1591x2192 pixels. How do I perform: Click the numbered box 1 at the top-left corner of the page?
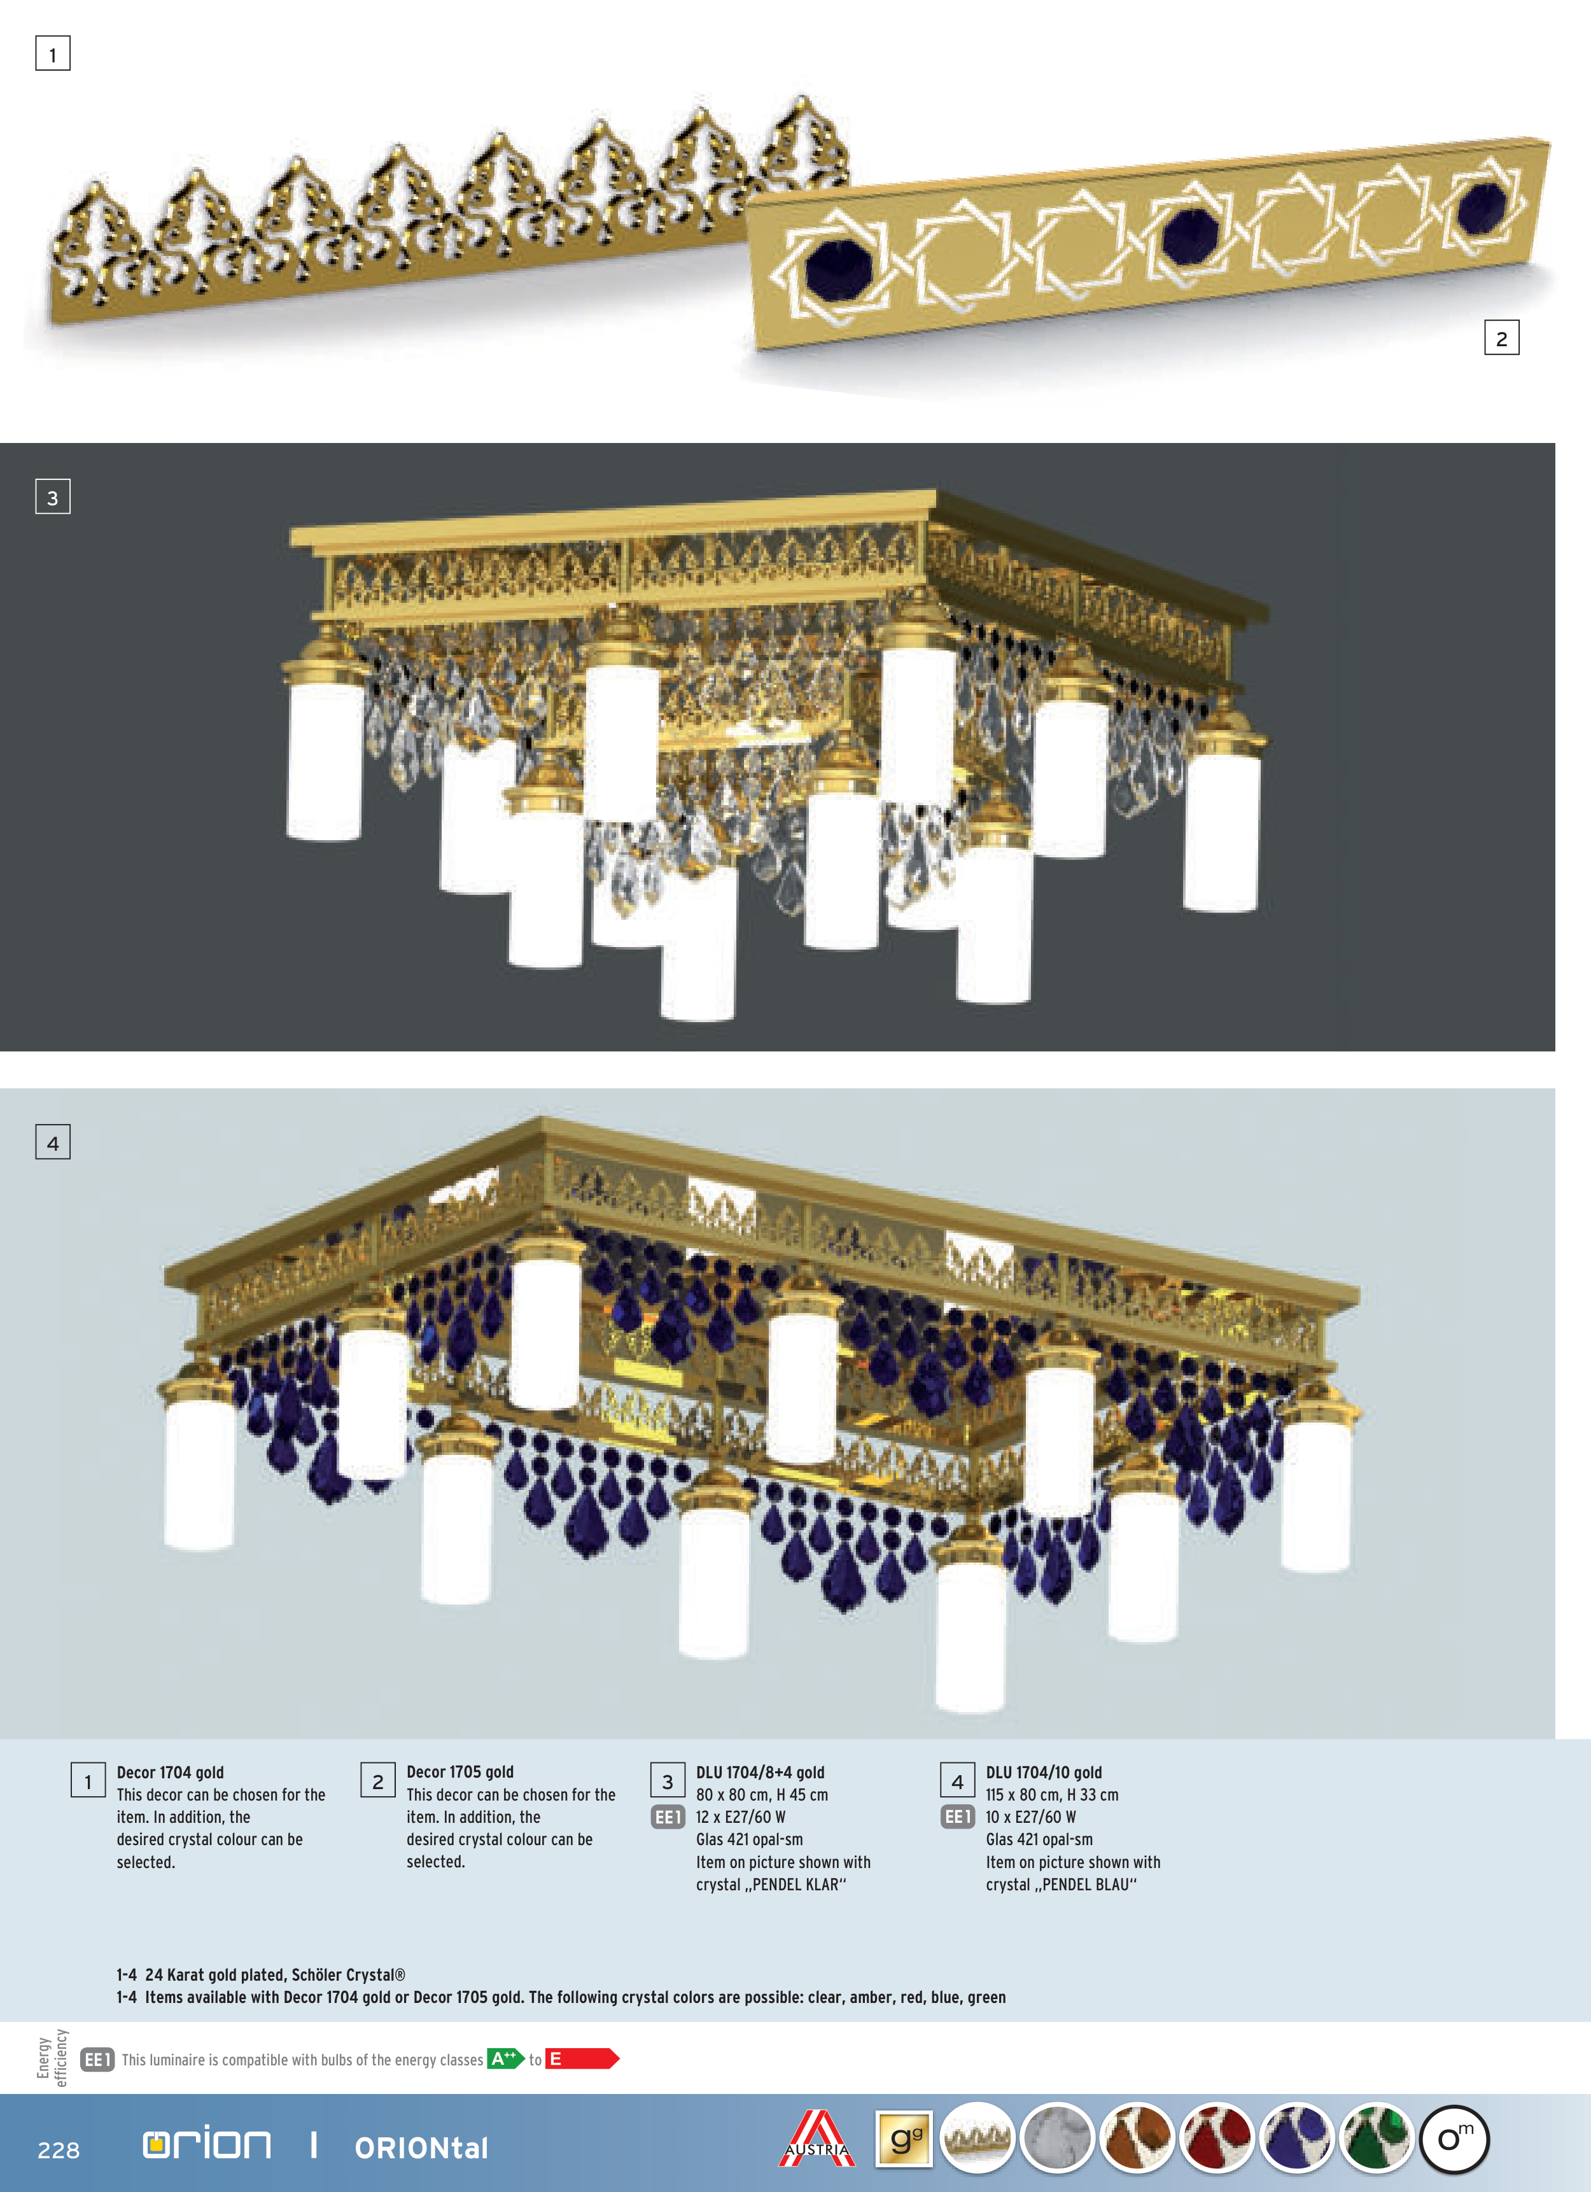[52, 54]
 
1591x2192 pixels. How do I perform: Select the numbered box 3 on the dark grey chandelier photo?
[52, 497]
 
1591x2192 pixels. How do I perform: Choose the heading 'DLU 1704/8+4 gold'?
[760, 1771]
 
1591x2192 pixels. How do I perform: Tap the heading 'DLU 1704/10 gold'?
[1043, 1771]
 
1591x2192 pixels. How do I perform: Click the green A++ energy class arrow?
[505, 2058]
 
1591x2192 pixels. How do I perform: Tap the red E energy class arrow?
[581, 2058]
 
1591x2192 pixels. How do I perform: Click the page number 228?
[58, 2149]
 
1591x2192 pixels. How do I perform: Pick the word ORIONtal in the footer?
[421, 2147]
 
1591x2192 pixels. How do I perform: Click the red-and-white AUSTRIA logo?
[817, 2138]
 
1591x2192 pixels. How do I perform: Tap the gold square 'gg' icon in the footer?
[904, 2138]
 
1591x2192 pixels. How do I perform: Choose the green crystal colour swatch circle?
[1377, 2138]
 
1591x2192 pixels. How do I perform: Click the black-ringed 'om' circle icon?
[1454, 2138]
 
